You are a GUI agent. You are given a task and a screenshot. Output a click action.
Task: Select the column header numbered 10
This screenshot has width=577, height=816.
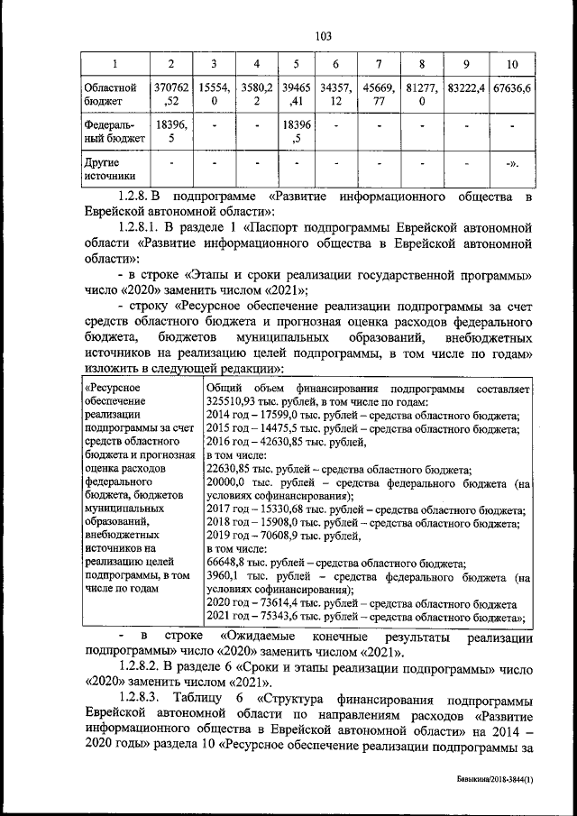pos(512,64)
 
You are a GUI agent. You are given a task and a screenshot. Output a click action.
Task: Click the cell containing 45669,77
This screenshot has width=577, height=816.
pos(379,96)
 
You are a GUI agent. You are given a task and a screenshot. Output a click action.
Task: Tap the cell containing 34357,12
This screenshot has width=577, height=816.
pos(335,96)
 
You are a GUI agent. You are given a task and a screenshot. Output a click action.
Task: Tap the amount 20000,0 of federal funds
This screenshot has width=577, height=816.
pos(227,483)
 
